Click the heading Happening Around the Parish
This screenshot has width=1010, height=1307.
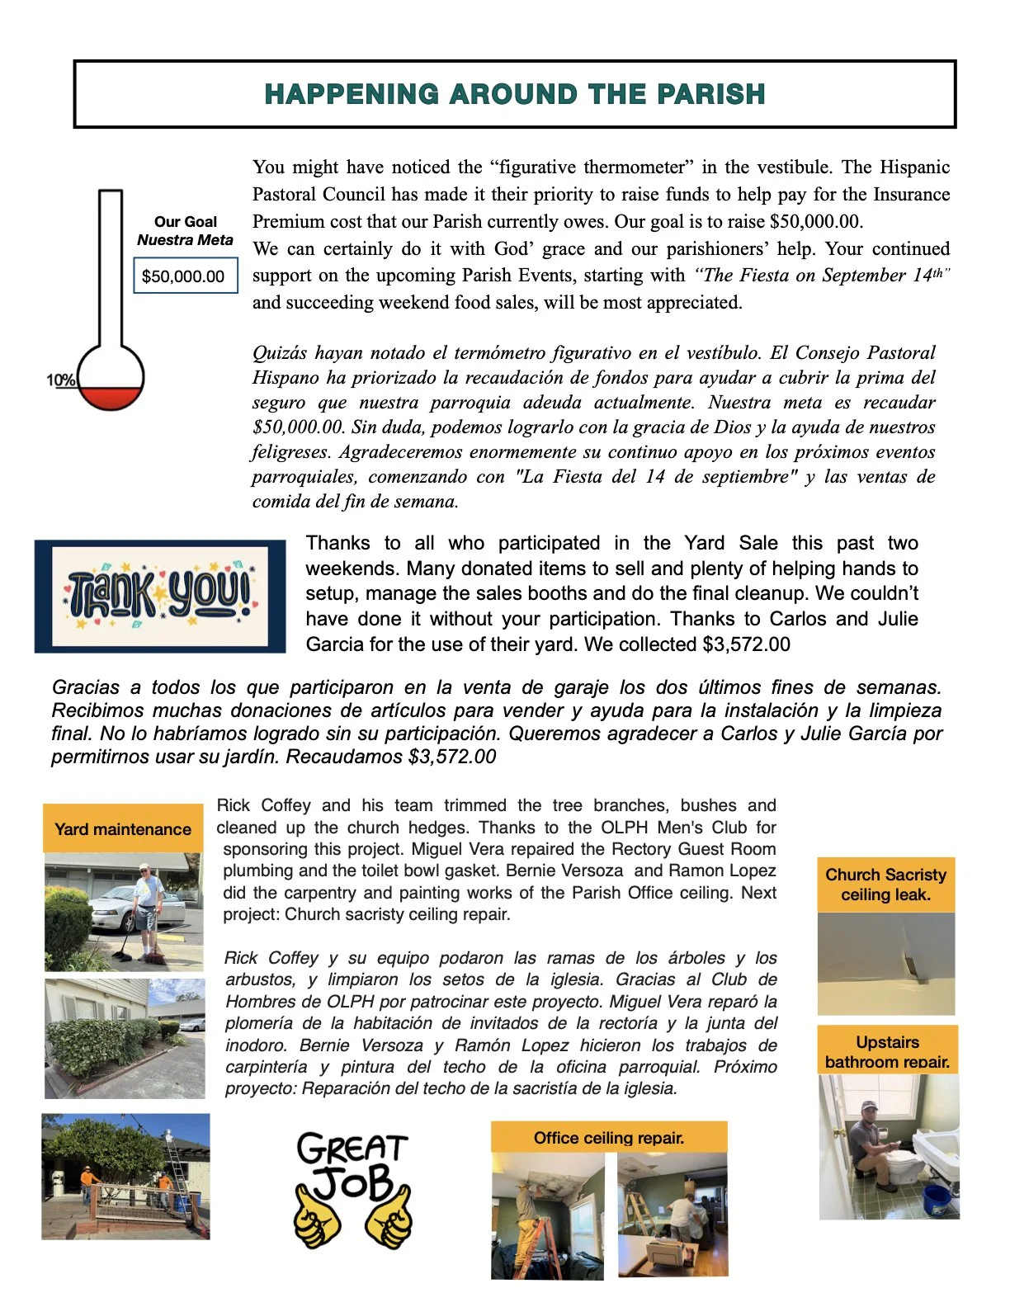click(514, 94)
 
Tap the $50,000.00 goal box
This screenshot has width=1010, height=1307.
click(185, 276)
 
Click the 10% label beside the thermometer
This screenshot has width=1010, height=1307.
click(60, 380)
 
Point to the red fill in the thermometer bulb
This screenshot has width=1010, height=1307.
click(111, 398)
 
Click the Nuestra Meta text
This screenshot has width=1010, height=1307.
click(185, 240)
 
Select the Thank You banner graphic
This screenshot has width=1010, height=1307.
click(160, 596)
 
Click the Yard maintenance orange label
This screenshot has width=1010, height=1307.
click(123, 829)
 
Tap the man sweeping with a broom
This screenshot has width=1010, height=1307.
click(147, 908)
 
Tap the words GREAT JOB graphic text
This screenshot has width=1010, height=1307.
click(352, 1165)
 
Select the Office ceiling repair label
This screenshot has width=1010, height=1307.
click(608, 1138)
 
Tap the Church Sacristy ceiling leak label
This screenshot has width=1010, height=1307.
click(885, 885)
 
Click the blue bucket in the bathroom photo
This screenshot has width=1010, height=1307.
click(936, 1198)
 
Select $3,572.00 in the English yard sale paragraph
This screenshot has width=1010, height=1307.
click(746, 644)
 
